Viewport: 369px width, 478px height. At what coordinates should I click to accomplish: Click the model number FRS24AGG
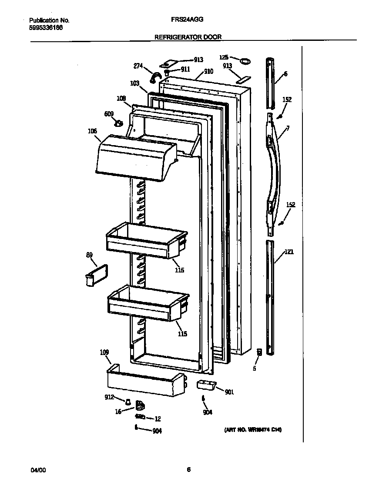coord(188,20)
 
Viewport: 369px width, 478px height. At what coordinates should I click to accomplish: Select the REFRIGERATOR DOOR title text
coord(188,37)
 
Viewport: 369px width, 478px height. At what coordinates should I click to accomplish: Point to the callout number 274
coord(138,66)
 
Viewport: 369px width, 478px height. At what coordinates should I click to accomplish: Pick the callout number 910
coord(208,72)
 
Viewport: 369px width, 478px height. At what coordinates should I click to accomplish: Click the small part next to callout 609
coord(118,123)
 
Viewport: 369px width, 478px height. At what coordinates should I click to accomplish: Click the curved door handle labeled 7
coord(273,169)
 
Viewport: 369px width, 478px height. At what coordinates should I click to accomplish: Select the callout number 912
coord(109,397)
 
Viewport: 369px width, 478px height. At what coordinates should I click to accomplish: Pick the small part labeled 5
coord(259,352)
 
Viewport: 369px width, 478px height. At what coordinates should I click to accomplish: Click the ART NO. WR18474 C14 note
coord(253,430)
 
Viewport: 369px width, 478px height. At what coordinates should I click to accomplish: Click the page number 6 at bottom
coord(188,469)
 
